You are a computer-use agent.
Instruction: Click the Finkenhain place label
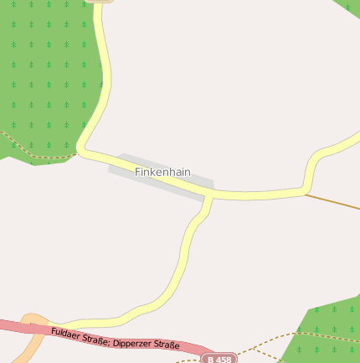pyautogui.click(x=162, y=172)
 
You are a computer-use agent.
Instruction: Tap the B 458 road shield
pyautogui.click(x=219, y=359)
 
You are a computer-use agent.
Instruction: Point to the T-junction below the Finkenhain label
pyautogui.click(x=208, y=194)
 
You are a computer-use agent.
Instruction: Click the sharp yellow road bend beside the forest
pyautogui.click(x=81, y=149)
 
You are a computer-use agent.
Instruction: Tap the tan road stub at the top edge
pyautogui.click(x=100, y=2)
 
